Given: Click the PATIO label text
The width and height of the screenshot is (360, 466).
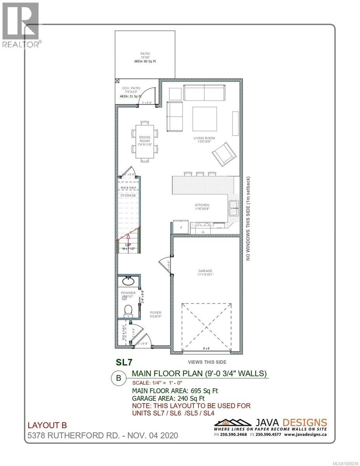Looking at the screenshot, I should [145, 54].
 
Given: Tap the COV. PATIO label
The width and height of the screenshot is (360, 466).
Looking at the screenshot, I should [131, 88].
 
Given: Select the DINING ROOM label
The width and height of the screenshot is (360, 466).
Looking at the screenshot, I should [145, 139].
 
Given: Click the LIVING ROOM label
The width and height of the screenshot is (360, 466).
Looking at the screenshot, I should [204, 138].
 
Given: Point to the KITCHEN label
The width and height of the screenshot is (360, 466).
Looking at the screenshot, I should [202, 205].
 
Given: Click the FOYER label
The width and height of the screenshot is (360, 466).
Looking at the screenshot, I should [156, 312].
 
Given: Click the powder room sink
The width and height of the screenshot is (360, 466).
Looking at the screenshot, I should [128, 281].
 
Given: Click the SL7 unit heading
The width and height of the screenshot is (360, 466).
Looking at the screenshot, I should [125, 362].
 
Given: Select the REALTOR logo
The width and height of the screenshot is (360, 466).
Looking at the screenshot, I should [20, 25].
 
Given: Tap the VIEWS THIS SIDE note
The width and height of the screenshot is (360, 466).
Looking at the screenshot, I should [207, 362].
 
